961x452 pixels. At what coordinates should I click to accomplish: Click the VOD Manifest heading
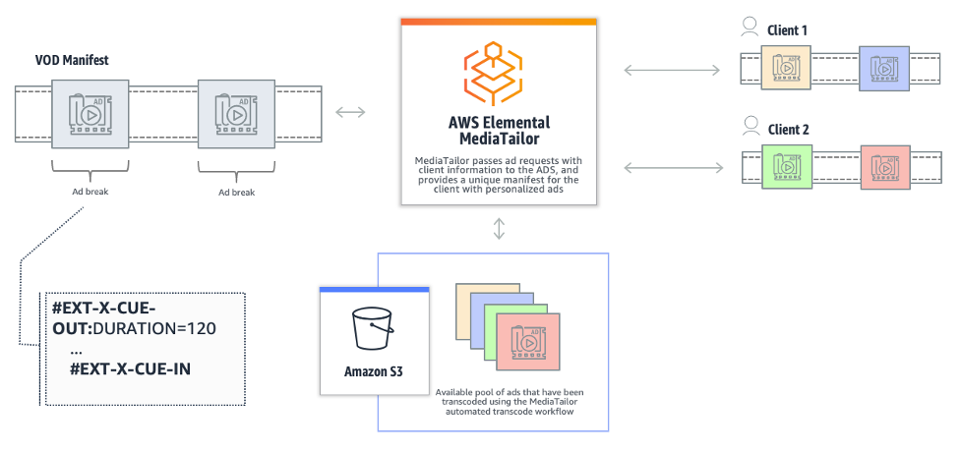(71, 61)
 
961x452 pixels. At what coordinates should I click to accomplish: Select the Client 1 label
(787, 30)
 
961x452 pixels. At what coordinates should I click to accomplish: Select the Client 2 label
(787, 129)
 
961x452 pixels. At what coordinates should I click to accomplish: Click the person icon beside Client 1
(750, 29)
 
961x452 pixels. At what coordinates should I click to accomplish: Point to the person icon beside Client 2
(750, 127)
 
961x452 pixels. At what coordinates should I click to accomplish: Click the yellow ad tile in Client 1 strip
(787, 70)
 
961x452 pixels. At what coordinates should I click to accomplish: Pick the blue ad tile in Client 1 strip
(882, 70)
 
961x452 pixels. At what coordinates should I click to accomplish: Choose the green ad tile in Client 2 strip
(787, 168)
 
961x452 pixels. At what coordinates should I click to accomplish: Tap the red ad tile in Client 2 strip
(884, 168)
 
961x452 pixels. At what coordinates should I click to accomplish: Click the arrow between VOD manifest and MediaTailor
(350, 112)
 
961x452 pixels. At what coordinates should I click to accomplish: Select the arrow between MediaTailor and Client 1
(672, 70)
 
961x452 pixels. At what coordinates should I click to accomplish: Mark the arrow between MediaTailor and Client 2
(672, 168)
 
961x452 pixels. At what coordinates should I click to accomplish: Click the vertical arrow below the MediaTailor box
(499, 228)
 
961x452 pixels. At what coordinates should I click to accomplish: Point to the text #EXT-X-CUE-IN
(130, 369)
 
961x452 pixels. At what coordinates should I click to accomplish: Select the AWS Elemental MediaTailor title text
(499, 131)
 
